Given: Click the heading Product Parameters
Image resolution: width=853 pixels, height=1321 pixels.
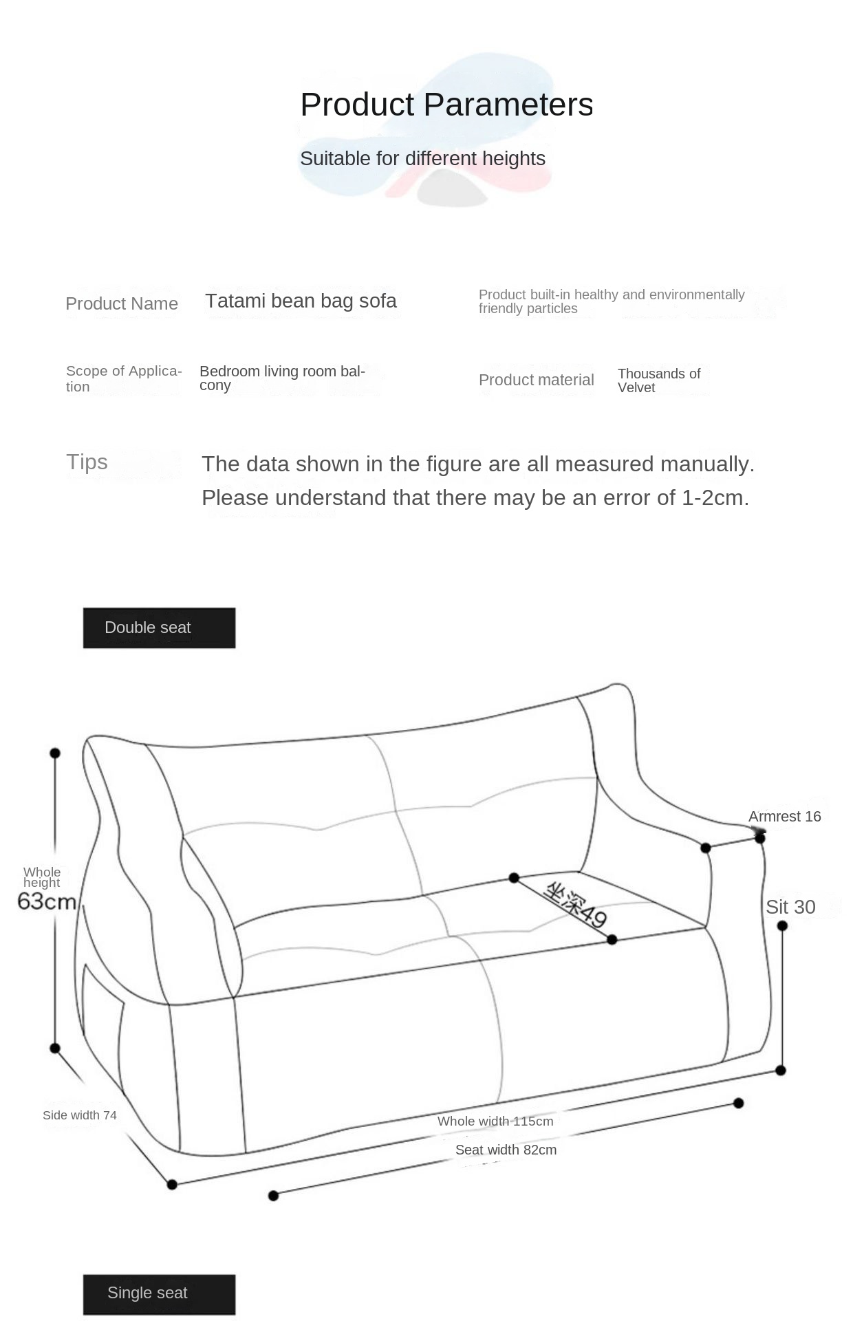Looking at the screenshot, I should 446,105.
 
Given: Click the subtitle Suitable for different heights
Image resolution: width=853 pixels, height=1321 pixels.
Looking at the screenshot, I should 422,158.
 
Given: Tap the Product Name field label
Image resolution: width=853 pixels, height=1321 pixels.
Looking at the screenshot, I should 122,303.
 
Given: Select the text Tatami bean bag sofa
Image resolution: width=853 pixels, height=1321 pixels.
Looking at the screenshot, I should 301,301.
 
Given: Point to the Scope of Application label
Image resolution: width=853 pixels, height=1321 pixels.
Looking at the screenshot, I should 124,378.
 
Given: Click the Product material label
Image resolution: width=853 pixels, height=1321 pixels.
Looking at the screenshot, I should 536,380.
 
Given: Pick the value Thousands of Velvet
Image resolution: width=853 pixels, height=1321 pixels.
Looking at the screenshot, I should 658,380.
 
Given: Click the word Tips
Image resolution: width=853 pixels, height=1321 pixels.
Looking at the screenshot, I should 87,462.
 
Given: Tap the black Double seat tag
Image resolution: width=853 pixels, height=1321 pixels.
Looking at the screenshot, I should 159,627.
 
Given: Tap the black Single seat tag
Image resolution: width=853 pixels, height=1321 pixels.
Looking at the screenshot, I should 159,1293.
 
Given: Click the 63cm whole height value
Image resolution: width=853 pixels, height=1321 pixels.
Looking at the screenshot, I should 47,901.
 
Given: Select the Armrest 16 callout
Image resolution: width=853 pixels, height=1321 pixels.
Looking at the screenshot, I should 784,817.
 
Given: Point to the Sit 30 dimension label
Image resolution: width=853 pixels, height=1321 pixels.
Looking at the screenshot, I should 790,907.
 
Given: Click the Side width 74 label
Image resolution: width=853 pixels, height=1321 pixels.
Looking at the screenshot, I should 80,1115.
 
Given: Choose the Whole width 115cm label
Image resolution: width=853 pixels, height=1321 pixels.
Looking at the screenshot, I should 495,1121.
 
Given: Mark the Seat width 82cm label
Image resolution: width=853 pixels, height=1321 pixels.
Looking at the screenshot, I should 506,1150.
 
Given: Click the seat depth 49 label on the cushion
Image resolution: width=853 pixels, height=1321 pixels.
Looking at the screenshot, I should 576,905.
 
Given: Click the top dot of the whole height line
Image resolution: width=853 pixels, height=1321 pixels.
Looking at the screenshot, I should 55,753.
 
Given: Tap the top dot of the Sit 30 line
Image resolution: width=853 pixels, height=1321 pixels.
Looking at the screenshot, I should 782,926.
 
